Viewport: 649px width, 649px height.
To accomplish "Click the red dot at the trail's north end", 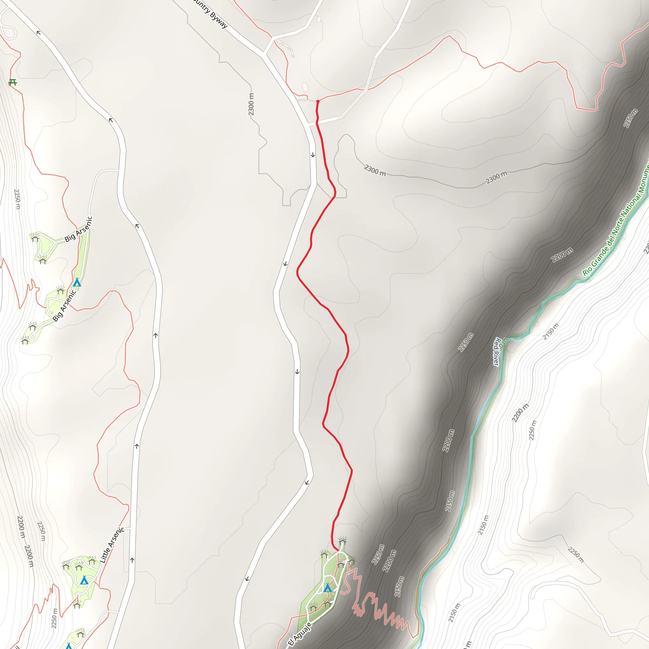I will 318,101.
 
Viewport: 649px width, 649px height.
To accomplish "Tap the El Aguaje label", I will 300,633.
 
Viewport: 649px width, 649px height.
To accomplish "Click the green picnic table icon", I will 13,82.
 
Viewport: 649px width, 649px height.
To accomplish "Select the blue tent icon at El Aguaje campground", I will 328,588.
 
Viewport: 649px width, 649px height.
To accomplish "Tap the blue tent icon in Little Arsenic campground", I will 84,580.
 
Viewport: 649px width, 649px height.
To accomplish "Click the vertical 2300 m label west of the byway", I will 251,104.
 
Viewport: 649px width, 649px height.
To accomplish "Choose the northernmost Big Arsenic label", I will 78,229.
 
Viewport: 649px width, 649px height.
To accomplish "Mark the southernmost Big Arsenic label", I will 64,306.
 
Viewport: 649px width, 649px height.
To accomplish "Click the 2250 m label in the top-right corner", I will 630,118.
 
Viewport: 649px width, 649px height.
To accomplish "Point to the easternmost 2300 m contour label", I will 496,177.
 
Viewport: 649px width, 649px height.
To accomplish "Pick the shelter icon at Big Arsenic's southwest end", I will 25,341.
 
